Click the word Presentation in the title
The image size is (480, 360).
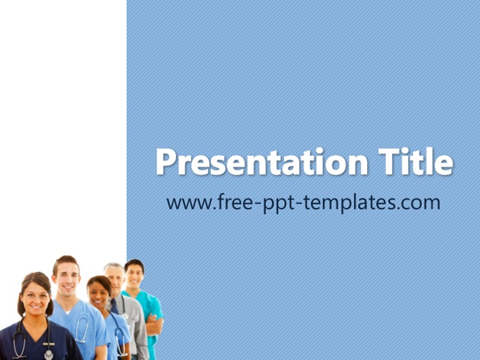pyautogui.click(x=262, y=162)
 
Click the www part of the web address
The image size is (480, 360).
pyautogui.click(x=186, y=203)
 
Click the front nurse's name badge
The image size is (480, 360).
pyautogui.click(x=49, y=344)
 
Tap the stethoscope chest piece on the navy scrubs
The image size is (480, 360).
pyautogui.click(x=48, y=355)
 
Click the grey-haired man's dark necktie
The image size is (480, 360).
pyautogui.click(x=114, y=307)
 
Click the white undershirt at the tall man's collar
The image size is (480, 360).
pyautogui.click(x=67, y=312)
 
